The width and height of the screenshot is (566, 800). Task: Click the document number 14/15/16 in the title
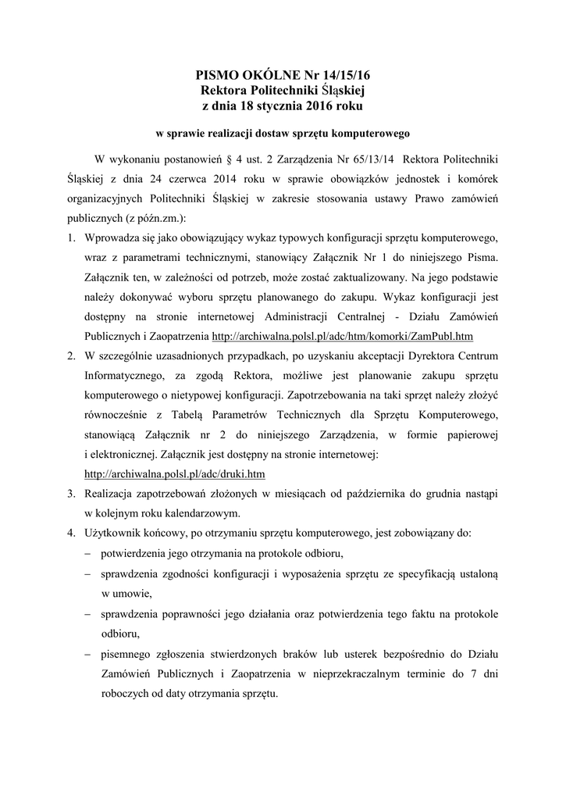[340, 75]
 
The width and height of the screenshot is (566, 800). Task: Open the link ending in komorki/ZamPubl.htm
[343, 337]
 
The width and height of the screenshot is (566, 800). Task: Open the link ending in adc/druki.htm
[175, 473]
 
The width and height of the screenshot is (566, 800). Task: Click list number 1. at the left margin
[70, 237]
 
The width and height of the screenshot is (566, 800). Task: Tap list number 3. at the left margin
[70, 494]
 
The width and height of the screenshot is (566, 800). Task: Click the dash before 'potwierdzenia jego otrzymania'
[87, 554]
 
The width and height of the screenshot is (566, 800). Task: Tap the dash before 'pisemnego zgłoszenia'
[87, 654]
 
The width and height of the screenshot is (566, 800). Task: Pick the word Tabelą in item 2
[205, 414]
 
